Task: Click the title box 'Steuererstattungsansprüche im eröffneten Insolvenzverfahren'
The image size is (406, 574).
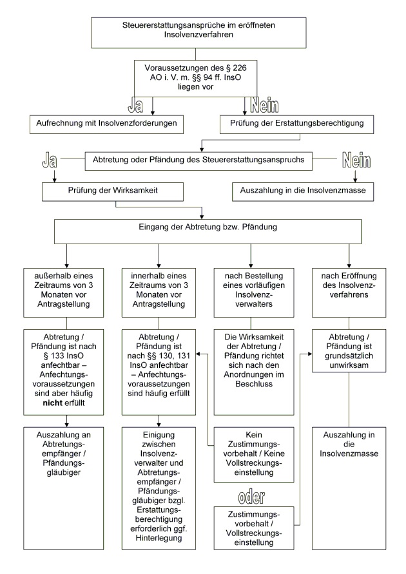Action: (x=203, y=30)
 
